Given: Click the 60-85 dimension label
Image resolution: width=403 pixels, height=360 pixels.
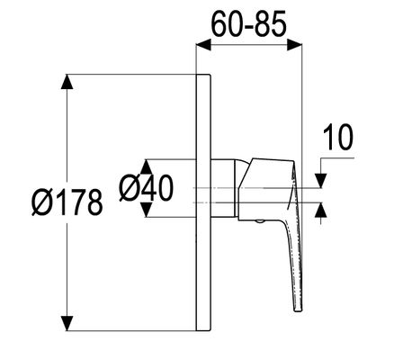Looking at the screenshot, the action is click(x=249, y=25).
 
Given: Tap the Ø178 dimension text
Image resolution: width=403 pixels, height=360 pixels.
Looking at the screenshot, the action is click(x=67, y=202).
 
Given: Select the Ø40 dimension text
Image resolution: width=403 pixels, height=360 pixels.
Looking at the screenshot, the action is click(x=147, y=188).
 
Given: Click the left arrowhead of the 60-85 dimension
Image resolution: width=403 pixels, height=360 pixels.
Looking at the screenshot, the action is click(x=203, y=45).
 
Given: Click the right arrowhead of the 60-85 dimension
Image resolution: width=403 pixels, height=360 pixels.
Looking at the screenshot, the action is click(x=294, y=45).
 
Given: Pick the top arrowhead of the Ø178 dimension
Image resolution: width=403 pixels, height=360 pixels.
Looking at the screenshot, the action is click(x=67, y=82).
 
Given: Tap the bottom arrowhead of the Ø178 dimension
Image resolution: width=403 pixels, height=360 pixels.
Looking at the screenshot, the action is click(x=67, y=323).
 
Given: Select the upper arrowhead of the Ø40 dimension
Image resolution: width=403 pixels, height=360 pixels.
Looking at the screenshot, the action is click(x=146, y=166).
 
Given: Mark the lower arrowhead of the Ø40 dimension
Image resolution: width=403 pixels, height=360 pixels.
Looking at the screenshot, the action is click(x=146, y=210).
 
